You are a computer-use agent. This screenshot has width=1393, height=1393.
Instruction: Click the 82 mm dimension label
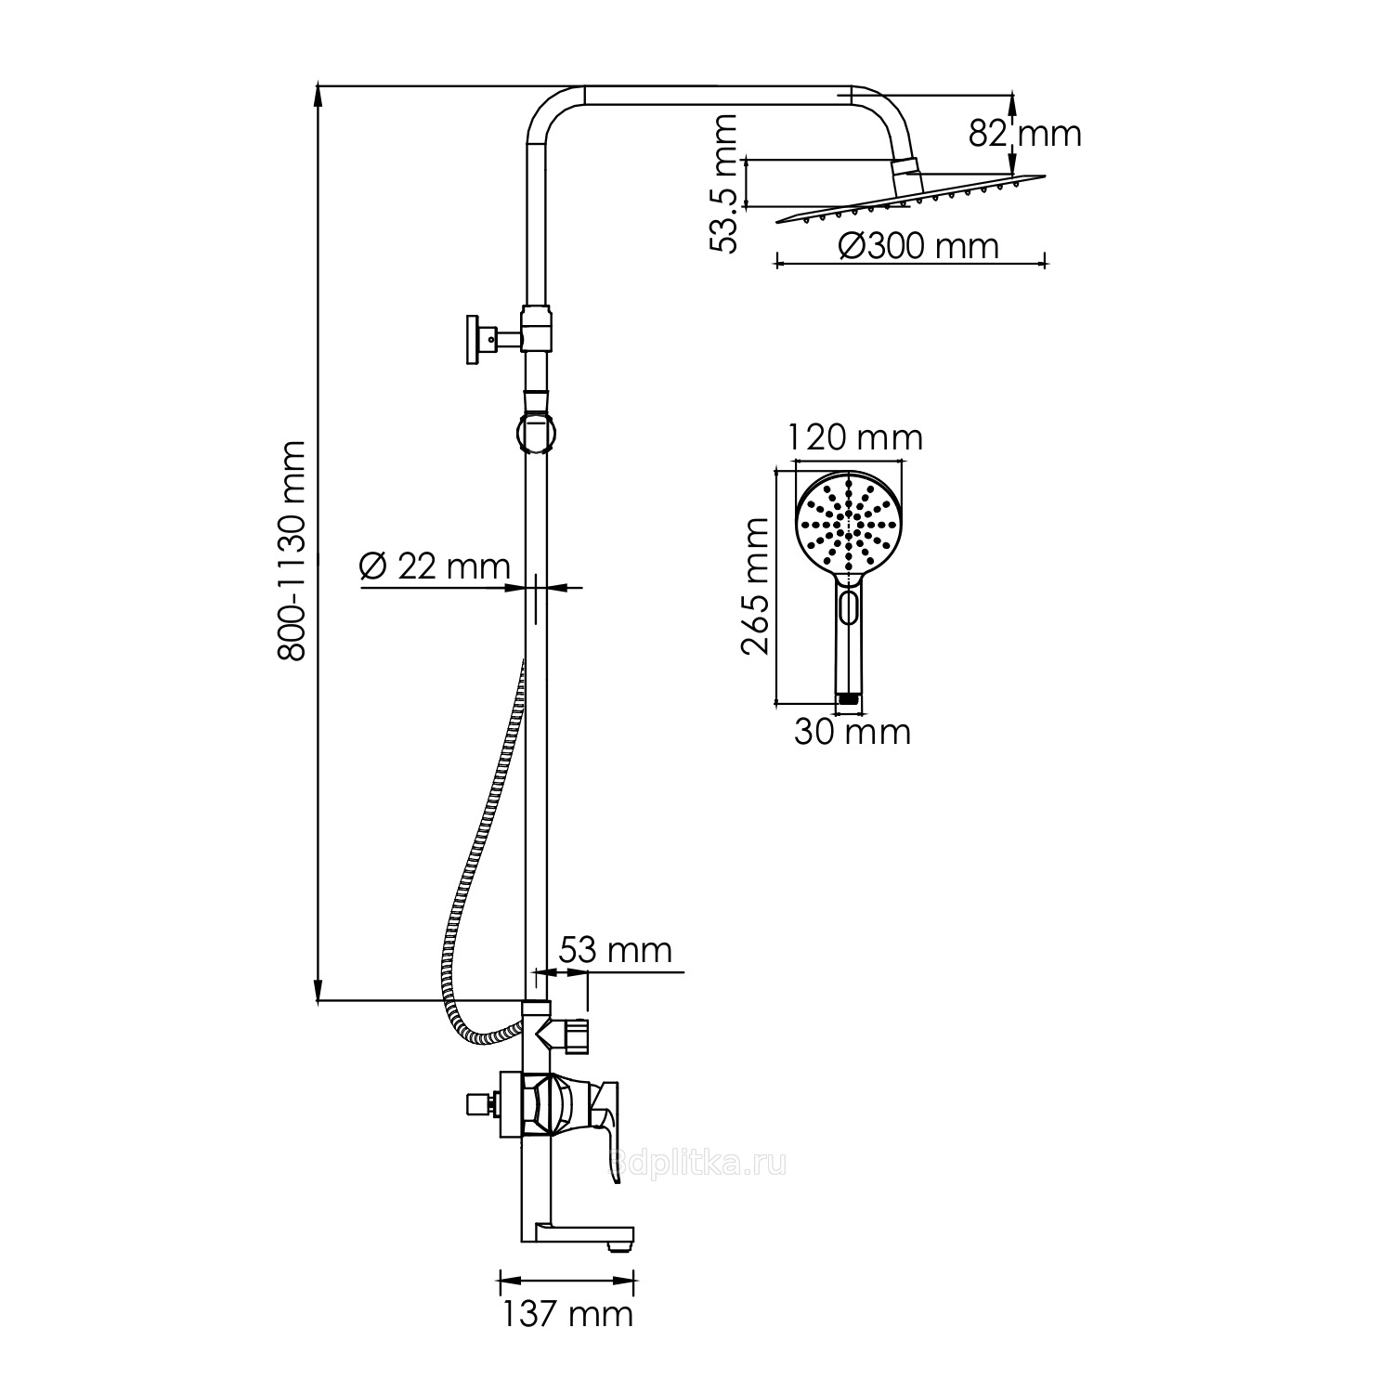(x=1025, y=135)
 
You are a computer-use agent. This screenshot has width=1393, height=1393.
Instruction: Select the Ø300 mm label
(x=918, y=246)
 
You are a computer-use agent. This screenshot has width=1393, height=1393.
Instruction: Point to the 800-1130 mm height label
(x=293, y=550)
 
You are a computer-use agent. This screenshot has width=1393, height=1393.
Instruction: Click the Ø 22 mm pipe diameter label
(x=435, y=567)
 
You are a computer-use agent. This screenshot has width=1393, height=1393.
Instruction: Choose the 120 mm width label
(x=855, y=436)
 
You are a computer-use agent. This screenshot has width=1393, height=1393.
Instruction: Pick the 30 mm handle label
(x=853, y=732)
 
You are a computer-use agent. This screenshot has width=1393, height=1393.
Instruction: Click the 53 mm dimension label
(x=615, y=950)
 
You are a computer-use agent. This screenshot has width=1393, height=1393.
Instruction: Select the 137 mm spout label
(x=567, y=1313)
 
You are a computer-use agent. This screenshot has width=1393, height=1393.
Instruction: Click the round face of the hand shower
(x=848, y=526)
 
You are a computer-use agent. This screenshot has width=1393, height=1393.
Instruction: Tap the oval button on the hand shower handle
(x=847, y=607)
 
